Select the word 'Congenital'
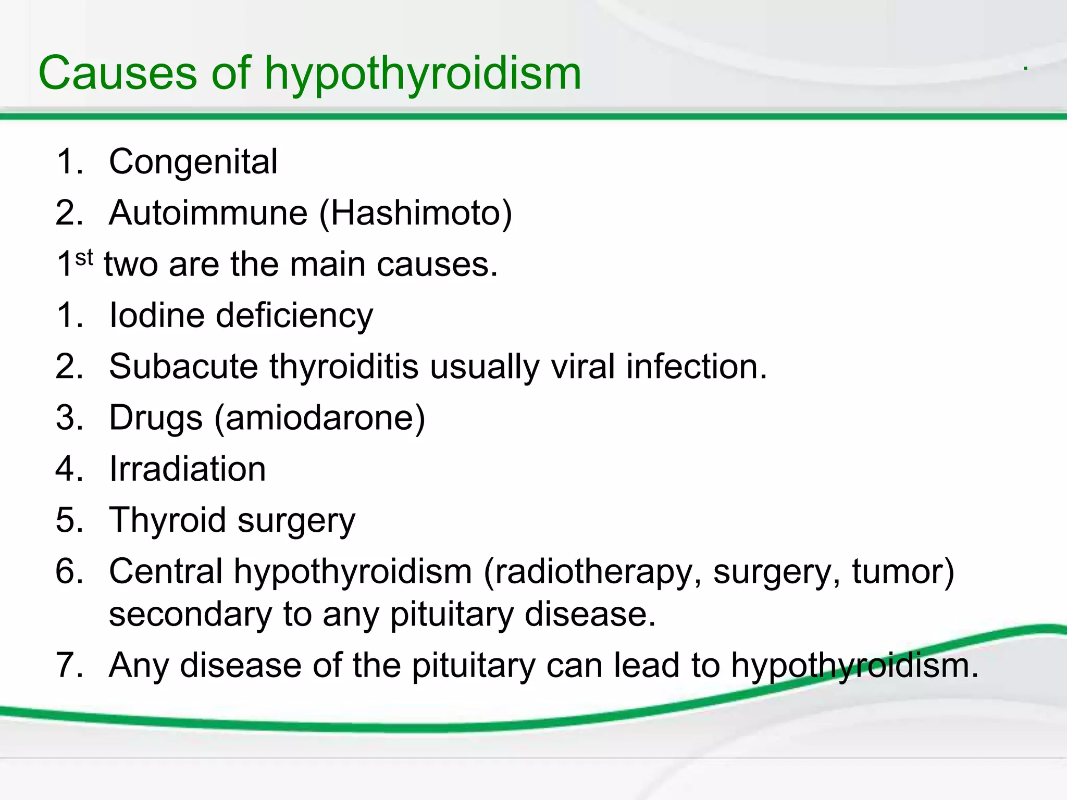click(x=193, y=162)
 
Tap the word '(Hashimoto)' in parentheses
click(x=415, y=213)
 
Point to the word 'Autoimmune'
click(x=208, y=213)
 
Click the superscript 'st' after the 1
click(x=84, y=257)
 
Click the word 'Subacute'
click(x=183, y=366)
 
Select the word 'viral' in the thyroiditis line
click(x=583, y=366)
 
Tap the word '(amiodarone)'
click(x=320, y=418)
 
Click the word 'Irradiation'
click(x=188, y=469)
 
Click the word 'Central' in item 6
click(x=166, y=571)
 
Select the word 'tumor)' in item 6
click(x=903, y=571)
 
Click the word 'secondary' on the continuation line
click(x=190, y=614)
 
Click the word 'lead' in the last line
click(x=642, y=665)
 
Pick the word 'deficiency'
click(x=294, y=316)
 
